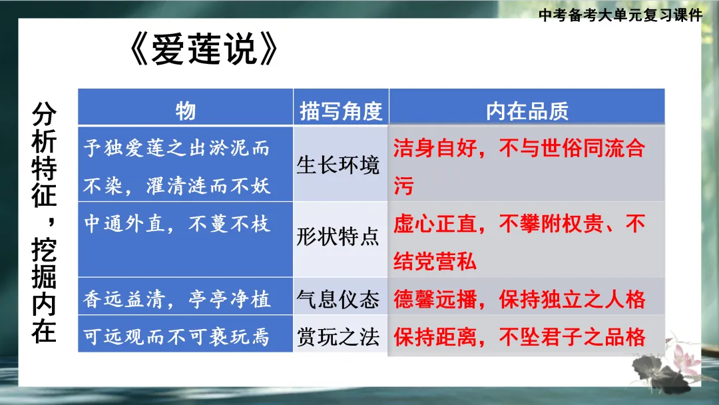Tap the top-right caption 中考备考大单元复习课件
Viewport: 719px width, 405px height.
[620, 15]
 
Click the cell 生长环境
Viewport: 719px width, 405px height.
[338, 165]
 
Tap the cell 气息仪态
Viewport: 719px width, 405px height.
[338, 300]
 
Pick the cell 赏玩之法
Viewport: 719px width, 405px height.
[338, 337]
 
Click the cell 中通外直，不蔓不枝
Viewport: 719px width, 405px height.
[176, 224]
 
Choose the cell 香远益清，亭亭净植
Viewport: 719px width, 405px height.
[176, 300]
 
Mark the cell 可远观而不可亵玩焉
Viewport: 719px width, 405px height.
[176, 338]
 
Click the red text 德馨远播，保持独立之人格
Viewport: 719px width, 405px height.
[519, 300]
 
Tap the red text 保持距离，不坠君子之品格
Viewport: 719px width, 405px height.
[519, 337]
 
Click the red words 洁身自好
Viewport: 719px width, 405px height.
[433, 148]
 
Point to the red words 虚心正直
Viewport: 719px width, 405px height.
[433, 223]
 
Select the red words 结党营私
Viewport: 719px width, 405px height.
[435, 261]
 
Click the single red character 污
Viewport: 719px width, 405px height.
[403, 187]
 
